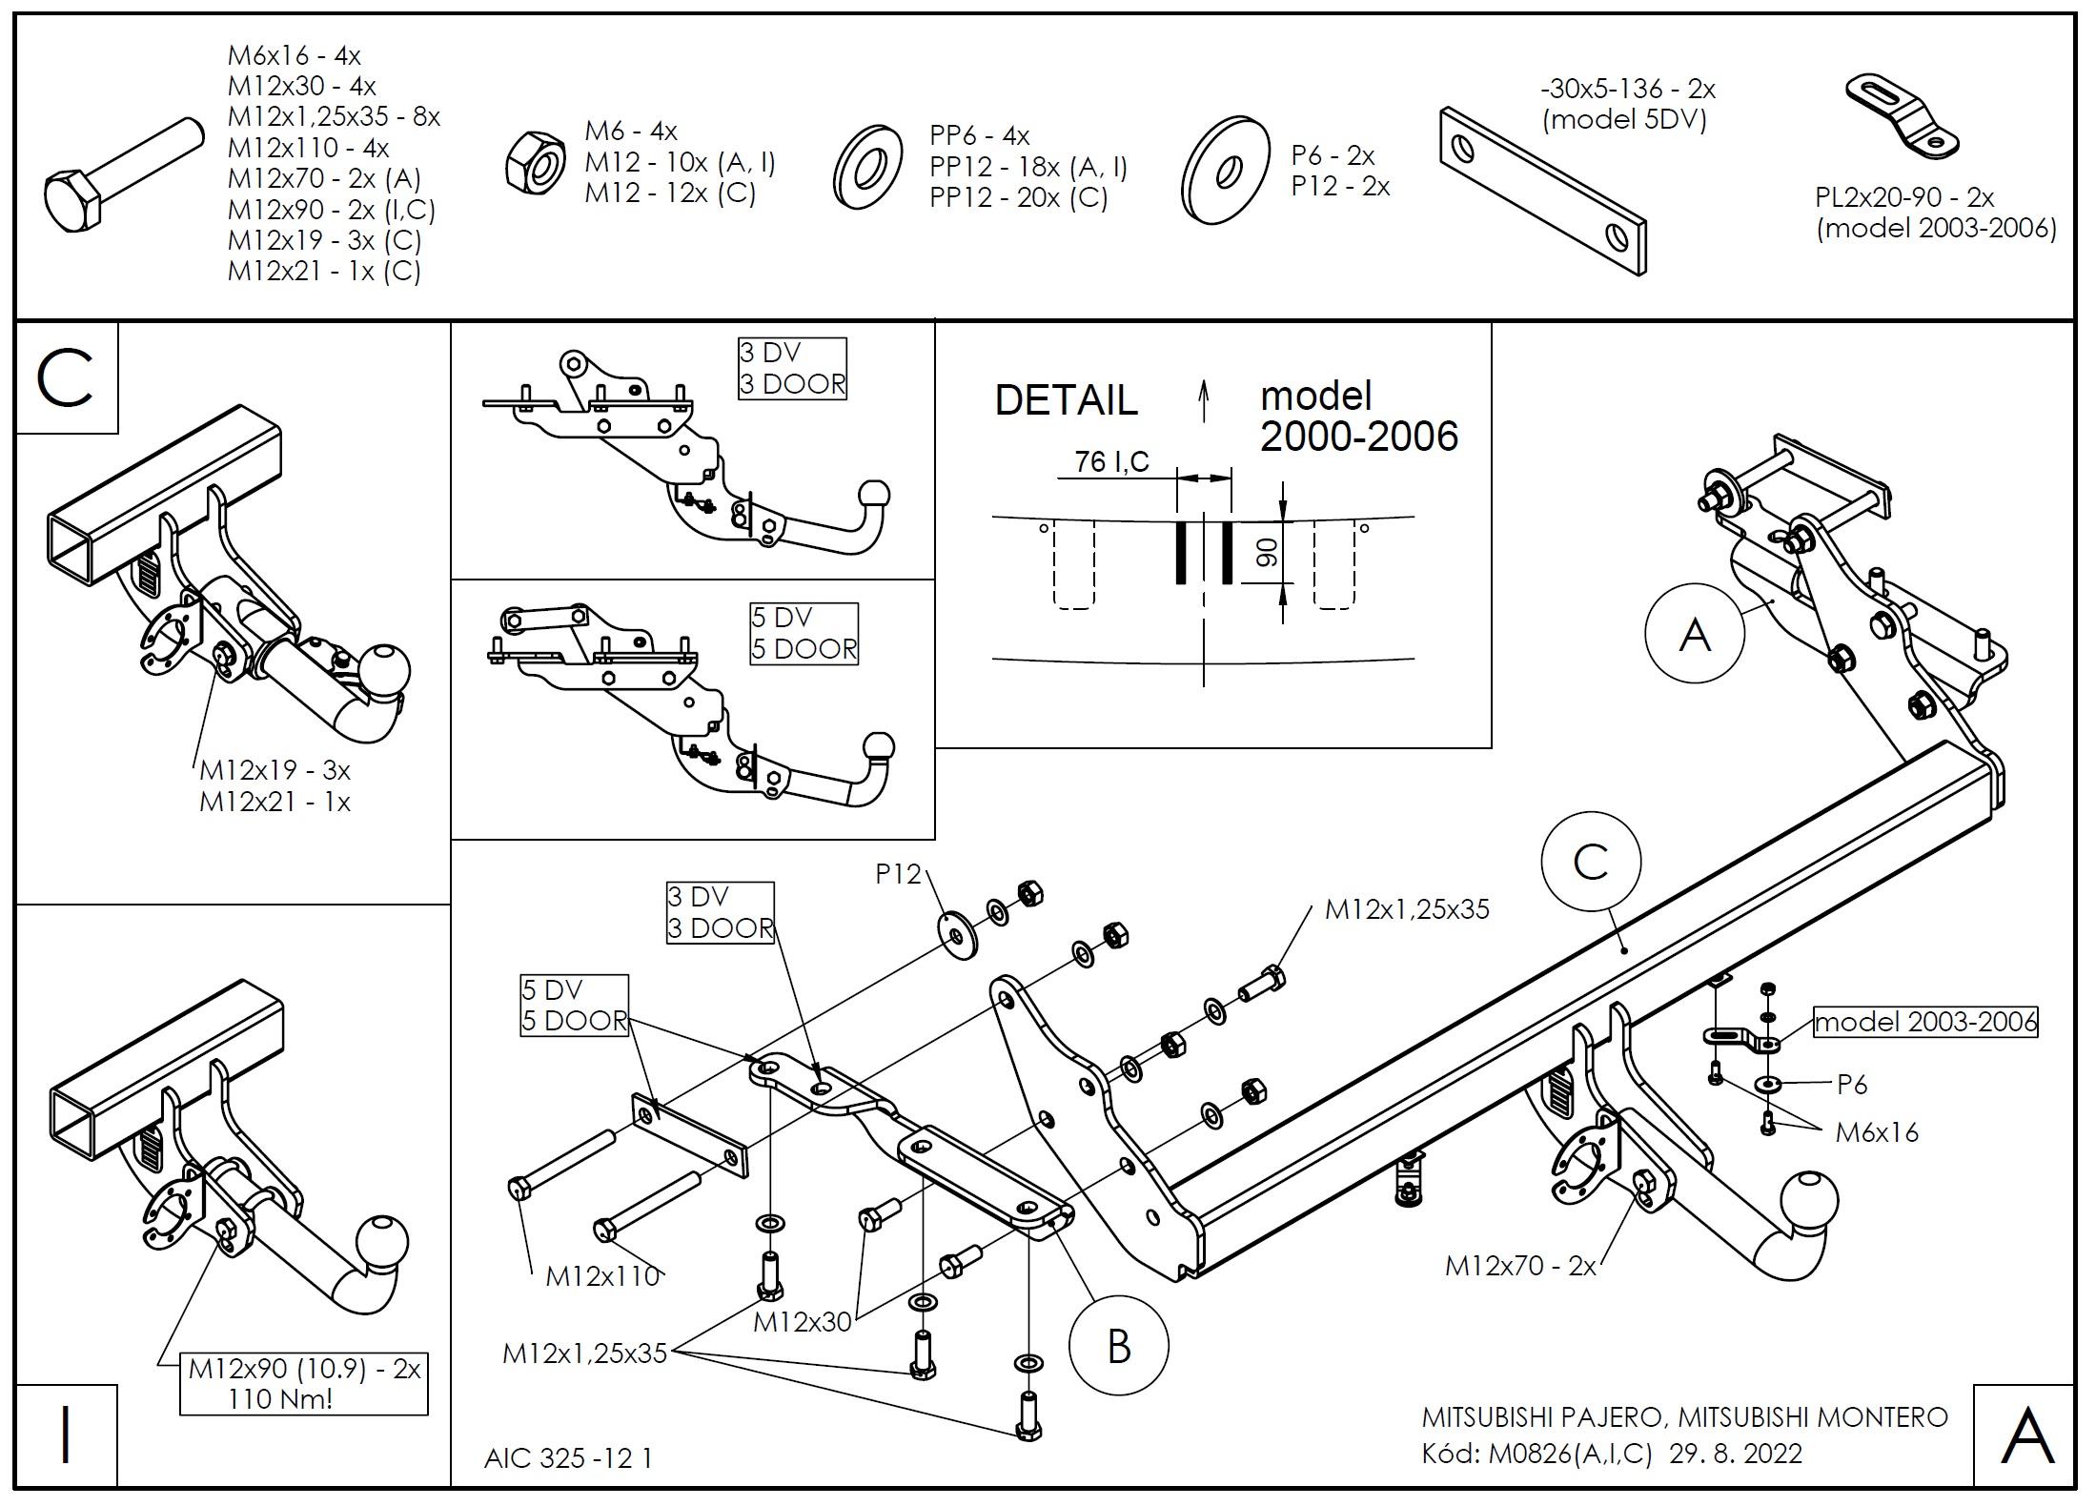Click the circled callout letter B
pos(1118,1347)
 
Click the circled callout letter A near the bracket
pos(1694,635)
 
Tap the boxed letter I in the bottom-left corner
pos(66,1435)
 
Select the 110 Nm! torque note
pos(280,1399)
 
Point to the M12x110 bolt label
pos(602,1276)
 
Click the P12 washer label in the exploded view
pos(898,873)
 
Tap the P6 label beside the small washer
pos(1851,1084)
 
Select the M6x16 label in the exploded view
pos(1876,1132)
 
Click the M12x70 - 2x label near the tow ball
pos(1519,1266)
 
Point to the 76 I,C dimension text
pos(1111,462)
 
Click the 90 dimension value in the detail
pos(1267,552)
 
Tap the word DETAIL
pos(1066,400)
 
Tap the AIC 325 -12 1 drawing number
pos(568,1458)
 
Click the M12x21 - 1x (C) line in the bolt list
pos(324,271)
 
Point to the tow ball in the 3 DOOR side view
pos(873,496)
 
